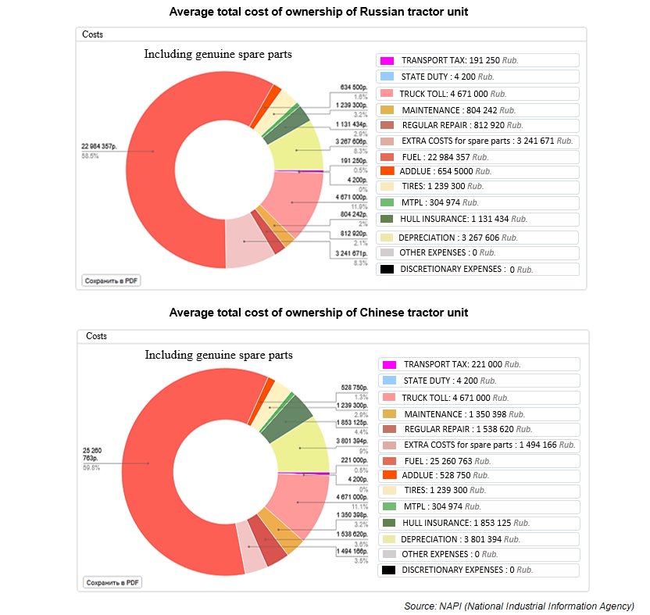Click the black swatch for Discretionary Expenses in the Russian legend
click(387, 270)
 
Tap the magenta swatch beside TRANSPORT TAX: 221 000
click(389, 365)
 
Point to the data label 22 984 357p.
click(99, 146)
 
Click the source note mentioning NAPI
click(519, 606)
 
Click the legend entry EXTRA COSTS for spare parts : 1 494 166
click(479, 445)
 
